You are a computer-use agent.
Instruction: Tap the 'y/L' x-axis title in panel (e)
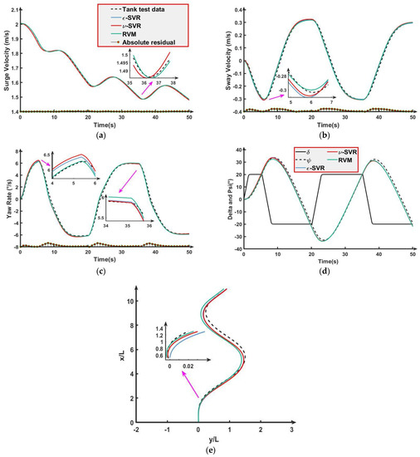(x=213, y=439)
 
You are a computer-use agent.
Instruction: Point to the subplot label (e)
(x=212, y=451)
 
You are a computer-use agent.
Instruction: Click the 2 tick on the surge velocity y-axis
(x=13, y=25)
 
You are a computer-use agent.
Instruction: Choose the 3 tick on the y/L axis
(x=291, y=430)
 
